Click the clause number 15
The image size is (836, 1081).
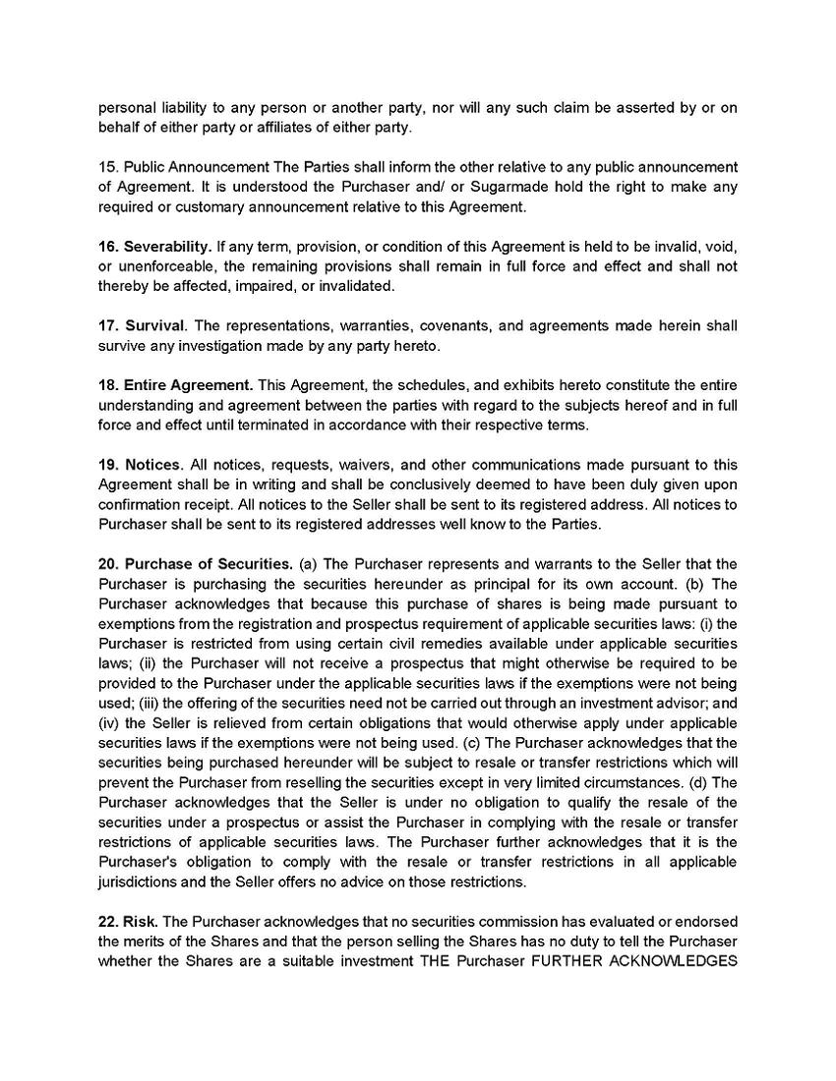coord(106,167)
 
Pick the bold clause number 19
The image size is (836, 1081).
coord(108,464)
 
